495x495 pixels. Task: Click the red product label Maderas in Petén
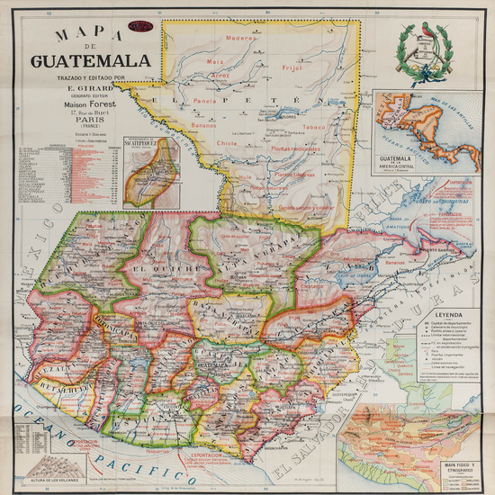(240, 39)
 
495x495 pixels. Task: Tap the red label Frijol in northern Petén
(290, 67)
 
